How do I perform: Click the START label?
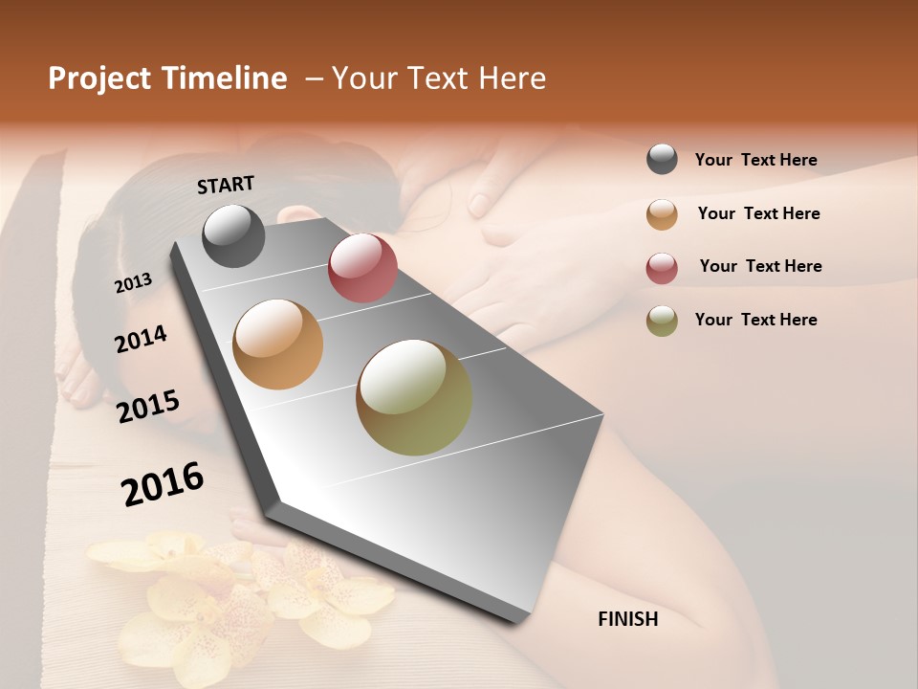[x=226, y=185]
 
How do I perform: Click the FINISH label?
[x=627, y=619]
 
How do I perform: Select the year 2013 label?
[x=134, y=282]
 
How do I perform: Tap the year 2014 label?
[x=141, y=339]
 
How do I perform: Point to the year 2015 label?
[x=148, y=407]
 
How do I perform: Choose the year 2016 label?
[x=163, y=483]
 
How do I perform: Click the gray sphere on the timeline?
[x=233, y=235]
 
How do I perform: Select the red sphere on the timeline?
[x=362, y=268]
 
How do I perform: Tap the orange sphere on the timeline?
[x=278, y=344]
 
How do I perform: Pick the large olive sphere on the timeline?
[x=414, y=397]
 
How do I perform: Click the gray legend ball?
[x=662, y=160]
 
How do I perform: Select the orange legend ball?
[x=662, y=214]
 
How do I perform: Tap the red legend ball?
[x=662, y=268]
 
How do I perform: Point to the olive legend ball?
[x=662, y=321]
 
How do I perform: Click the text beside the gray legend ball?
[x=755, y=161]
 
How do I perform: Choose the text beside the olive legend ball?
[x=755, y=320]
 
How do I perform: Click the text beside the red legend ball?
[x=760, y=266]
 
